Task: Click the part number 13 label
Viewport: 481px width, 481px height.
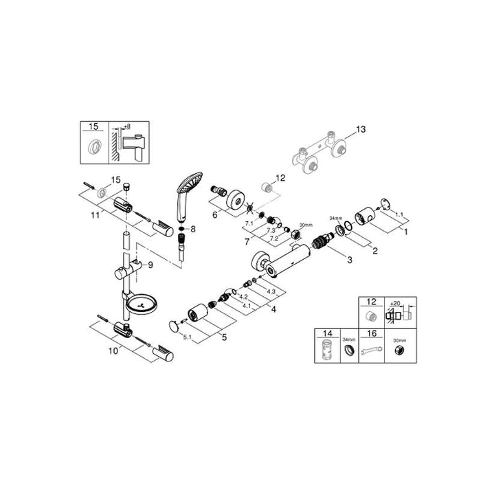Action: [x=362, y=128]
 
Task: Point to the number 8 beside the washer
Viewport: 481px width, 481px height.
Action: [x=194, y=229]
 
